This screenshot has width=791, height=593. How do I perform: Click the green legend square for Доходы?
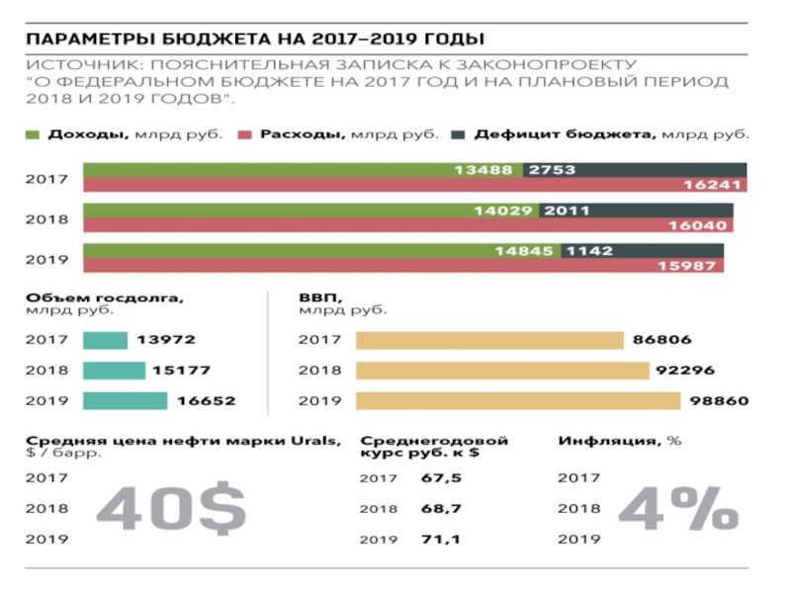33,132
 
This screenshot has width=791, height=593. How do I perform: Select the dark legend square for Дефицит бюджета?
458,132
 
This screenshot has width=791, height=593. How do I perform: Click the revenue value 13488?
483,170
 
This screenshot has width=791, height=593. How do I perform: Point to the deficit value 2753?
552,170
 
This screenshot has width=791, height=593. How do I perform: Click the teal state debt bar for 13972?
105,340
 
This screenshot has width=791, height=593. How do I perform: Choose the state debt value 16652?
207,402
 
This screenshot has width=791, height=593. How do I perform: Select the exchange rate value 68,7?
440,508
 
